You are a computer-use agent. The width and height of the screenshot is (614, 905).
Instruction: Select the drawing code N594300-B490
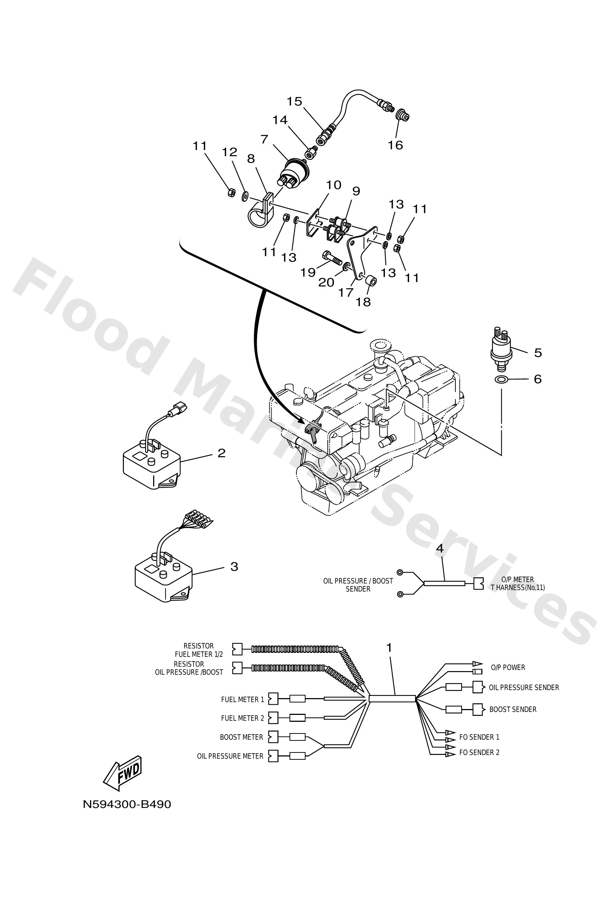[x=127, y=804]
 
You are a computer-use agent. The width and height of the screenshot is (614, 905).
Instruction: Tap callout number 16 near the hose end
[x=395, y=145]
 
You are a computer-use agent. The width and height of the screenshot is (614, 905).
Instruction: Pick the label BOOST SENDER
[x=512, y=709]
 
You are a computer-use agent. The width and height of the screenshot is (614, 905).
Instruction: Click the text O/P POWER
[x=508, y=667]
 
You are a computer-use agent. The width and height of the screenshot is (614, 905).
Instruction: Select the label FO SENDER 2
[x=479, y=752]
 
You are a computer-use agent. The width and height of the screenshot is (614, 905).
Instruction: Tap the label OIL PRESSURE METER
[x=230, y=756]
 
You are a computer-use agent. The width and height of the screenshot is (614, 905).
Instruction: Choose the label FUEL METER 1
[x=242, y=700]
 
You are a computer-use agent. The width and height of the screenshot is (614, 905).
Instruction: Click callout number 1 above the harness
[x=389, y=648]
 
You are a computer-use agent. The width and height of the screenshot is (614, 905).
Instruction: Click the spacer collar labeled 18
[x=370, y=280]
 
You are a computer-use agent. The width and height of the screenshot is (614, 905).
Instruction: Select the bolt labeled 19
[x=332, y=257]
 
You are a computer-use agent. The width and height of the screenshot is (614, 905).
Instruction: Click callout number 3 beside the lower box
[x=234, y=566]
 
